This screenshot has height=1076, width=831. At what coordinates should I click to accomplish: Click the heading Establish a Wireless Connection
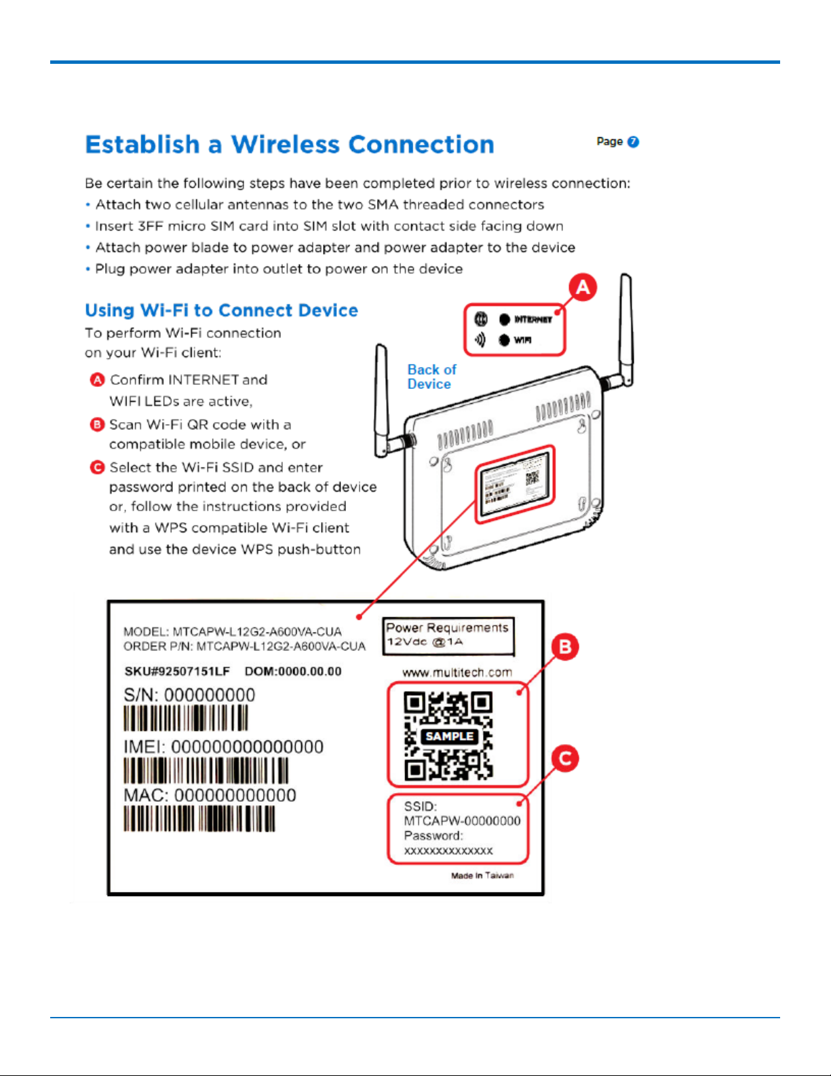pos(290,145)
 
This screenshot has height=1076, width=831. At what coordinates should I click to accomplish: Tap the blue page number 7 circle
pos(633,141)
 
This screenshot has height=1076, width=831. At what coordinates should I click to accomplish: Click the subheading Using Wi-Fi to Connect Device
pos(221,310)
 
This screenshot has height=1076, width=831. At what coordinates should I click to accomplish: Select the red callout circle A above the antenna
pos(583,287)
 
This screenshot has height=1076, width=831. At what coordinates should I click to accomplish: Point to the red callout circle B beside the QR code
pos(565,646)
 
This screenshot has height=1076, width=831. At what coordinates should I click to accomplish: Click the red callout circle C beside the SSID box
pos(564,758)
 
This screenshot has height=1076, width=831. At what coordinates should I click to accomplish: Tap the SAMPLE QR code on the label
pos(448,736)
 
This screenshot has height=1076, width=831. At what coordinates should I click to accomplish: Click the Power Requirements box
pos(448,635)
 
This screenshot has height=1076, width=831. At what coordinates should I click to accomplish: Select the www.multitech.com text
pos(457,672)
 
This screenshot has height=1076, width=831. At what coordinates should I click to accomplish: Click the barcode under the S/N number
pos(186,718)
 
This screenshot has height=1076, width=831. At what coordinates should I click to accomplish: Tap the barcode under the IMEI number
pos(206,771)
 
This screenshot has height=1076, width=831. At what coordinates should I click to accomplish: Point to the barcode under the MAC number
pos(199,819)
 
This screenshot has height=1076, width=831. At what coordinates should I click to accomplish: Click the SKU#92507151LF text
pos(177,671)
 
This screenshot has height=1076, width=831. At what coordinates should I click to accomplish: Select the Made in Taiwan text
pos(482,875)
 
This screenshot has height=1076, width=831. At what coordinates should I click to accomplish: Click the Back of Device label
pos(431,377)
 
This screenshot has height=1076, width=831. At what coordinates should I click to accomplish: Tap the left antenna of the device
pos(382,401)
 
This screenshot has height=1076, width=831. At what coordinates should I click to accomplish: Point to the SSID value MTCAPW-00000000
pos(462,821)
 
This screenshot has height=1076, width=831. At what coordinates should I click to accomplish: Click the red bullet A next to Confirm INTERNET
pos(97,379)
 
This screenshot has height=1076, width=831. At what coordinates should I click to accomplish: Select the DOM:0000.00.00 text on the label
pos(293,671)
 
